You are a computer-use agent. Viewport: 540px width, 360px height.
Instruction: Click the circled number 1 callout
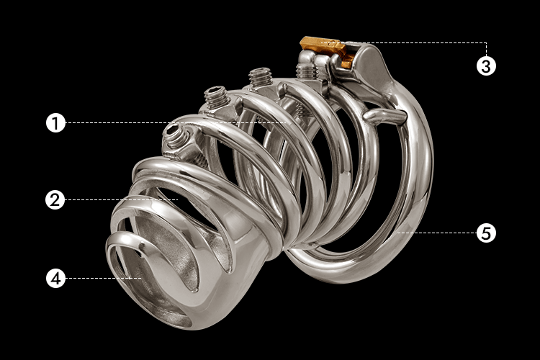point(55,122)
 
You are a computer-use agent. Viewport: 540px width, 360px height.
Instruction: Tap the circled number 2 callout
point(55,200)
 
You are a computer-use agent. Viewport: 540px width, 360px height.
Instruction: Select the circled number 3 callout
point(486,66)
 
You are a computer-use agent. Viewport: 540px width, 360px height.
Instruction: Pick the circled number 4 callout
point(55,278)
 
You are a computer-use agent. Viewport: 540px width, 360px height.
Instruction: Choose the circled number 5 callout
point(486,233)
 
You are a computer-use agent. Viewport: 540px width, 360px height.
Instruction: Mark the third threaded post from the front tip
point(261,77)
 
